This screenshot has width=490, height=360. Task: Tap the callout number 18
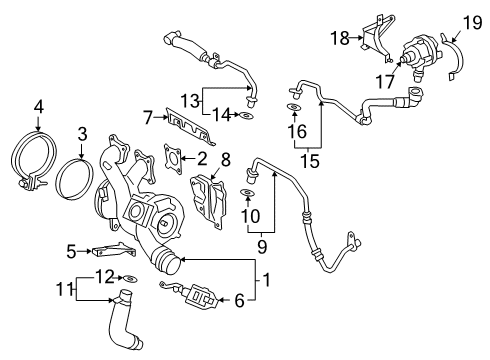[340, 38]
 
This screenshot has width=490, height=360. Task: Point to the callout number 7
[147, 118]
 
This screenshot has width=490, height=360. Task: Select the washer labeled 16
[294, 108]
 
